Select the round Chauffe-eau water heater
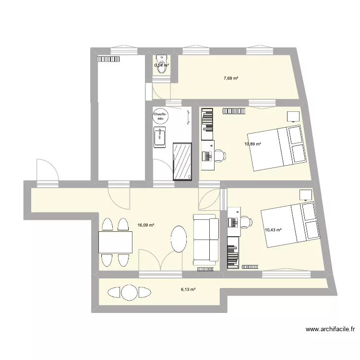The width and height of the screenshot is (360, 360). point(159,117)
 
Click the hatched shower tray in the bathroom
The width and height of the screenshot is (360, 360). point(182,160)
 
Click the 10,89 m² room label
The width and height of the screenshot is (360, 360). point(252,144)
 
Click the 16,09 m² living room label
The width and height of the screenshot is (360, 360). point(145,224)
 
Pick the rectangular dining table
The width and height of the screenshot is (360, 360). point(115,242)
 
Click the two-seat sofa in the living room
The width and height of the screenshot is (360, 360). point(206,240)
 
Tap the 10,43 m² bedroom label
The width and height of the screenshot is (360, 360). point(273,230)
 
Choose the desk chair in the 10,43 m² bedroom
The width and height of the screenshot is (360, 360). point(245,222)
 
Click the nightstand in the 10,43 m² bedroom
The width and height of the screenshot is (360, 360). point(305,194)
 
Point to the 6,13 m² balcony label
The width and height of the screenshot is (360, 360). point(188,289)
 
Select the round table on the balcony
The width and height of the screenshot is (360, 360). point(129,292)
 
